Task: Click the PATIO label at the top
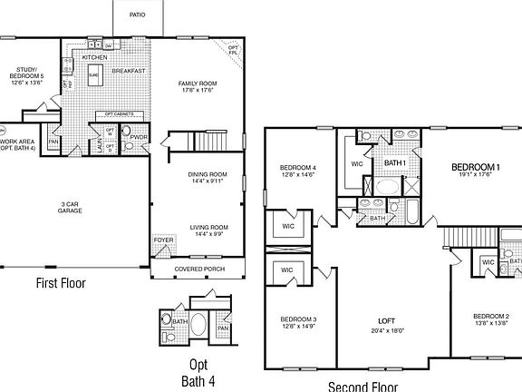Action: (x=137, y=15)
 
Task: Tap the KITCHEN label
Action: (x=95, y=57)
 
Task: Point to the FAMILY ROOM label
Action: (x=198, y=83)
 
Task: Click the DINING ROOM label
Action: (x=208, y=174)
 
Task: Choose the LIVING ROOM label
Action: (x=208, y=227)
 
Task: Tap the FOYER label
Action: (x=163, y=240)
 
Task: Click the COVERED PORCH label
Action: (x=200, y=269)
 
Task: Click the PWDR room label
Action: (x=139, y=137)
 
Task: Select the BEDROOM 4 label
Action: (x=297, y=168)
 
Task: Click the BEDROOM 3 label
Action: (x=297, y=320)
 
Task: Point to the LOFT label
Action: (x=387, y=322)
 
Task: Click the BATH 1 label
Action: (x=394, y=162)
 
